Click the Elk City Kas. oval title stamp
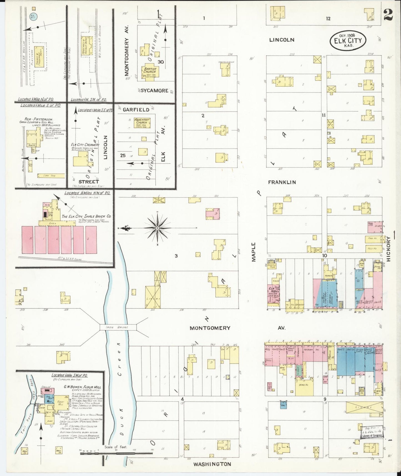pyautogui.click(x=348, y=41)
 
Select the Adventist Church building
pyautogui.click(x=142, y=122)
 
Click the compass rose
pyautogui.click(x=157, y=228)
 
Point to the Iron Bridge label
pyautogui.click(x=118, y=327)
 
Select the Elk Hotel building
pyautogui.click(x=273, y=294)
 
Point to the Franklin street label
pyautogui.click(x=282, y=182)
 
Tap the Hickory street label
pyautogui.click(x=388, y=249)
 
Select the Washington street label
pyautogui.click(x=212, y=464)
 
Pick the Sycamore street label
pyautogui.click(x=155, y=91)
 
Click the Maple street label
pyautogui.click(x=254, y=252)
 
